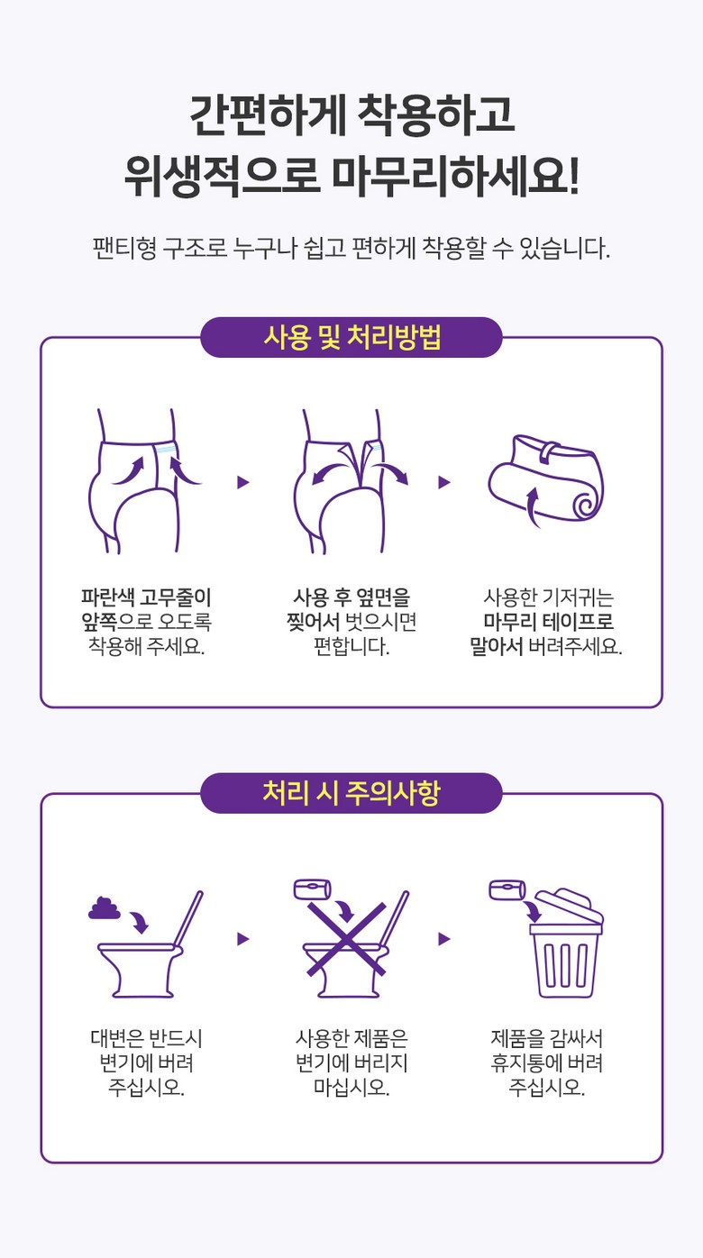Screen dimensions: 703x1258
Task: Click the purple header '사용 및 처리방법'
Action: pos(351,338)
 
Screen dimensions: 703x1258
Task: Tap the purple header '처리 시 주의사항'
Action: pos(351,793)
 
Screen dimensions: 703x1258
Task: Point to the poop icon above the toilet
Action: pos(105,907)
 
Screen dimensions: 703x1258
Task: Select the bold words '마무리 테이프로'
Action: pos(549,622)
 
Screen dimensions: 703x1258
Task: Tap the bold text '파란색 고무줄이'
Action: pos(146,597)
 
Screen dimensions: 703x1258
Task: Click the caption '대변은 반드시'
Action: pos(146,1038)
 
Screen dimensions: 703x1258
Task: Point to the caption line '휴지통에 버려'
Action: pos(547,1062)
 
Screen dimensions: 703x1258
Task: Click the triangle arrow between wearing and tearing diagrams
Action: pos(243,482)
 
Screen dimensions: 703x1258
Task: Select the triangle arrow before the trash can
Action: pos(444,938)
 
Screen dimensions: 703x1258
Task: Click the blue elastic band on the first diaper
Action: pos(166,450)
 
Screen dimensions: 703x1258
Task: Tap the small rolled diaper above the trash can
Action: pos(507,889)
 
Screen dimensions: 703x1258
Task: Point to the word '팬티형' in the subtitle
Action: pos(124,248)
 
